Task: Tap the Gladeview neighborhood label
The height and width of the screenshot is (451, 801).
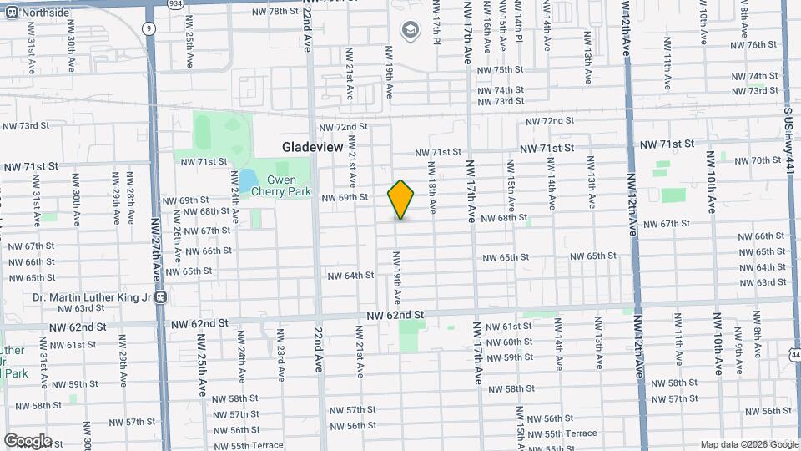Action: click(312, 146)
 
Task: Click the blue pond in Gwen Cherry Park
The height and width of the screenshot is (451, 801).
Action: click(249, 179)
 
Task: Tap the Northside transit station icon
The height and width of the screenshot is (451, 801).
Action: click(9, 13)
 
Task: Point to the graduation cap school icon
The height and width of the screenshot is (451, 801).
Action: click(409, 32)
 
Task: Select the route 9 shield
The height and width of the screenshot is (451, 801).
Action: click(149, 28)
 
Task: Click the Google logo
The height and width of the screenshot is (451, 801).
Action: click(27, 440)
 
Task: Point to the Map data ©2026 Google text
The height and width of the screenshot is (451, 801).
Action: click(749, 444)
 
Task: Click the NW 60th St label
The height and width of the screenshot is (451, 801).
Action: click(517, 342)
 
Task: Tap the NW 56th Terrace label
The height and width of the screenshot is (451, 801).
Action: click(570, 433)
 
